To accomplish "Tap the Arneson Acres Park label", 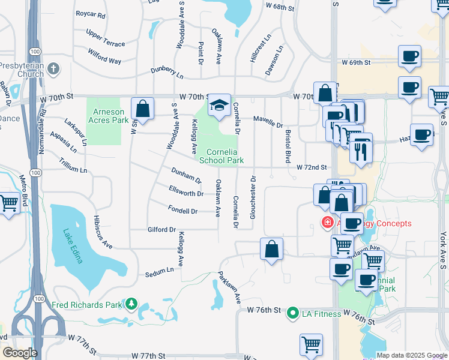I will tap(107, 116).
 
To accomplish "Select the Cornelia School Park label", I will tap(221, 156).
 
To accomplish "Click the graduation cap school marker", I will tap(219, 106).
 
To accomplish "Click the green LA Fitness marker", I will tap(293, 313).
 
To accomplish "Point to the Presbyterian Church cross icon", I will tap(55, 68).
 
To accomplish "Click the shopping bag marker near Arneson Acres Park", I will tap(142, 110).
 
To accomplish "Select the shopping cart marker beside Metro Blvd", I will tap(8, 203).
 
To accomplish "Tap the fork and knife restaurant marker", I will tap(360, 151).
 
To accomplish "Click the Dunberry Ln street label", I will tap(167, 73).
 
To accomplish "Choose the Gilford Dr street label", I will tap(161, 229).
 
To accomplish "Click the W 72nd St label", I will tap(311, 167).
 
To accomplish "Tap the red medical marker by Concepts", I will tap(328, 223).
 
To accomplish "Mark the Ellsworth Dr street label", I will tap(186, 193).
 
